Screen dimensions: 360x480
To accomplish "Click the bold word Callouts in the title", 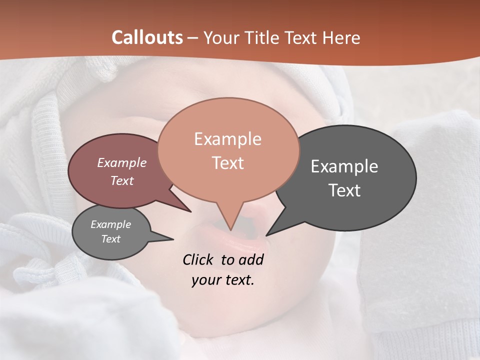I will (x=147, y=37).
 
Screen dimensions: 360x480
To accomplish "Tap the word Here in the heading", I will (x=341, y=37).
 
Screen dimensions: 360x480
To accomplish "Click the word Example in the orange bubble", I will (x=227, y=139).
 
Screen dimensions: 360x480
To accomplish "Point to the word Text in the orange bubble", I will (x=227, y=163).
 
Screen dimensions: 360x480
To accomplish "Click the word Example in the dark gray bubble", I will (x=344, y=166).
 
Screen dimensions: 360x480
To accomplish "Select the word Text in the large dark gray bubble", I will (x=344, y=190).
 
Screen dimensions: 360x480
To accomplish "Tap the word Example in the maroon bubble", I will (x=122, y=163).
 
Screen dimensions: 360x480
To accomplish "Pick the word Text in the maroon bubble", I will (x=122, y=181).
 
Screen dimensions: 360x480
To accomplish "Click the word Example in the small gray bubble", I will (x=110, y=225).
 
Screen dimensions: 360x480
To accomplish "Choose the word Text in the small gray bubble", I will (x=110, y=239).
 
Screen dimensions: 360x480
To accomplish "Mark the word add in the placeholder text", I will (x=251, y=260).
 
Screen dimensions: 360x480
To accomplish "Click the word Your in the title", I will (x=220, y=37).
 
